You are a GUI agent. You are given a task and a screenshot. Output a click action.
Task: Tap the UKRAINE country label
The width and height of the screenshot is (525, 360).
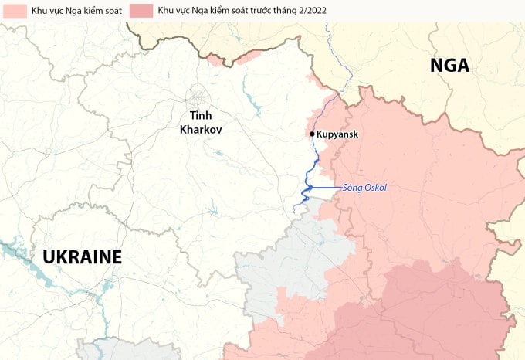pos(83,257)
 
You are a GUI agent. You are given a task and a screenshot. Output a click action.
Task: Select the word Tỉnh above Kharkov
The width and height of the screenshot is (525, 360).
pos(201,117)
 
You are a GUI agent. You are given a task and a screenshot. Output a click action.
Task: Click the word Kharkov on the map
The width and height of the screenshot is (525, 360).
pos(201,130)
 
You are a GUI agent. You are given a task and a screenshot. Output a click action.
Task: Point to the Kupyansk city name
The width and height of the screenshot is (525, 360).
pos(338,134)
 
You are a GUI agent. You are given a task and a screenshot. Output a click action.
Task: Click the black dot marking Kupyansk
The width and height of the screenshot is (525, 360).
pos(312,134)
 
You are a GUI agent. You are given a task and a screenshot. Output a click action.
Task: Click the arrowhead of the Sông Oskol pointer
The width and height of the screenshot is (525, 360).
pos(308,188)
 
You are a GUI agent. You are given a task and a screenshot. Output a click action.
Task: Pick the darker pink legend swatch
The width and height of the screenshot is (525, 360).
pos(141,11)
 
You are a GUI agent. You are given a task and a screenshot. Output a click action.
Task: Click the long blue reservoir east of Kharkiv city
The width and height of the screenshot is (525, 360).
pos(252,100)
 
